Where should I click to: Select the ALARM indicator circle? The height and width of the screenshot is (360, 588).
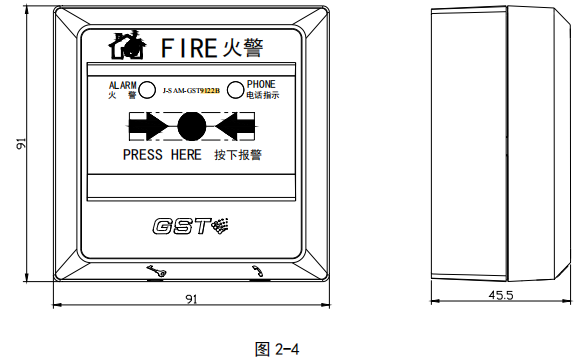click(146, 90)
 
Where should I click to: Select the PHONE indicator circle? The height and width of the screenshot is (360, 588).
click(235, 90)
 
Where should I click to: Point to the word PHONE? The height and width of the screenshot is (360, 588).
click(261, 85)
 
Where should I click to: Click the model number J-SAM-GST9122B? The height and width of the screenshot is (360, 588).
click(190, 91)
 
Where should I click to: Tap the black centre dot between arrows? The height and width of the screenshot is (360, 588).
click(191, 126)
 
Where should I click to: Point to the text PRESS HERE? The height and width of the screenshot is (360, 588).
click(162, 155)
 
